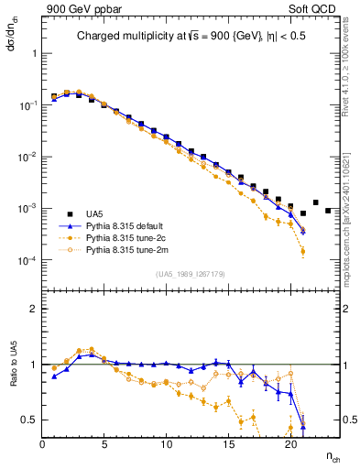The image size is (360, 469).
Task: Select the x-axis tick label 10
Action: [166, 444]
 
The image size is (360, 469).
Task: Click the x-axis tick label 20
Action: [289, 444]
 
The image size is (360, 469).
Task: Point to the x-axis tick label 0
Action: [42, 444]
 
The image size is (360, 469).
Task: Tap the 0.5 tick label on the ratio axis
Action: [29, 420]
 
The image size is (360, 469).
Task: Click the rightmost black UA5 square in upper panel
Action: [328, 211]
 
